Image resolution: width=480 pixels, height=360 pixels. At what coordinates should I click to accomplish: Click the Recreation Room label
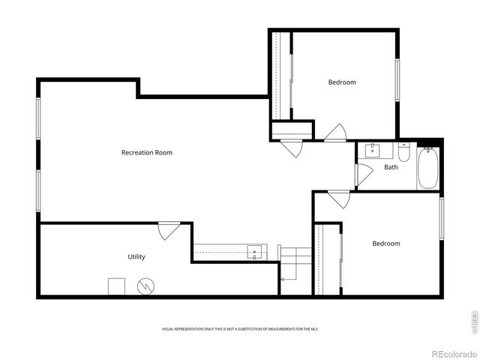tap(147, 152)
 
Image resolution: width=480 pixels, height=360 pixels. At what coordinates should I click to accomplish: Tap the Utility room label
tap(136, 256)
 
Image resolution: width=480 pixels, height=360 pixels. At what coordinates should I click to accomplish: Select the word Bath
tap(391, 167)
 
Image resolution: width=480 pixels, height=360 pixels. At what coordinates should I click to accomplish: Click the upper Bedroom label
tap(342, 82)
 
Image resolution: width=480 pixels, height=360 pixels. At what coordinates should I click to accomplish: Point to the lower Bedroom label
tap(386, 243)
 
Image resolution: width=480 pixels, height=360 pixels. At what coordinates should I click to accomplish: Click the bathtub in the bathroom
tap(428, 169)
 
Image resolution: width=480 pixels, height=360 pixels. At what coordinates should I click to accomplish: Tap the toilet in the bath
tap(404, 153)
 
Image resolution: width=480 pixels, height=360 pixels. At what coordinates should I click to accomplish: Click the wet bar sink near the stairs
tap(256, 252)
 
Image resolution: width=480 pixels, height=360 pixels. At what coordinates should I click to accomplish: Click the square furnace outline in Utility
tap(116, 286)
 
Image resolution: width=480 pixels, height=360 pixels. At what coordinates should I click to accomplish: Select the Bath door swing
tap(363, 175)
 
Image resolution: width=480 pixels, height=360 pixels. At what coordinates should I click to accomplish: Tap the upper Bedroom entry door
tap(335, 133)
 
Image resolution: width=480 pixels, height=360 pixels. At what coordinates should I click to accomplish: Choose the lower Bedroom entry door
tap(338, 199)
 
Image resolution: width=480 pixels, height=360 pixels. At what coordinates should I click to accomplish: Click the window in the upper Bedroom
tap(397, 81)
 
